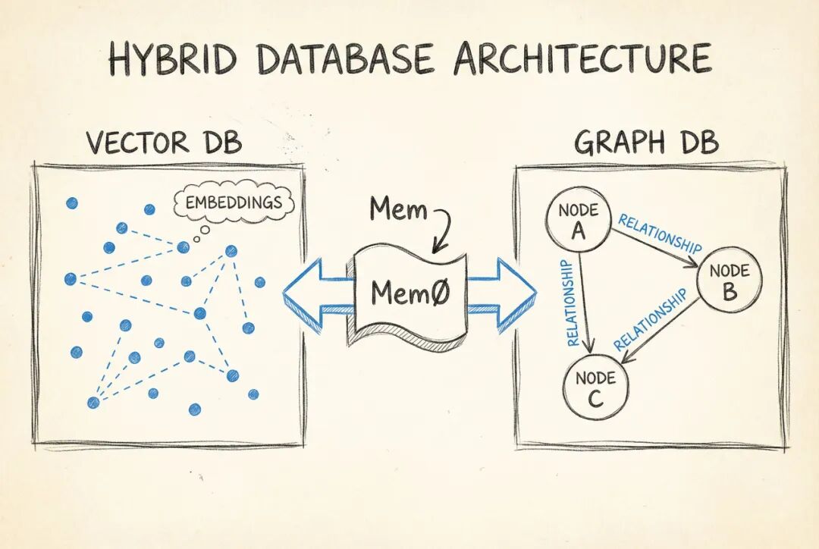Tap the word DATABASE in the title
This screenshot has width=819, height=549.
point(346,58)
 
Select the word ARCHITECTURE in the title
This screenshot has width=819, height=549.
point(582,58)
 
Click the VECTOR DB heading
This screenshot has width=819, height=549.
point(164,143)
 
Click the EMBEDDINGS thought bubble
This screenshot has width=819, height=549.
point(234,203)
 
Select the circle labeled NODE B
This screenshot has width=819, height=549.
point(728,282)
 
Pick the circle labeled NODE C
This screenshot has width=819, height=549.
point(595,387)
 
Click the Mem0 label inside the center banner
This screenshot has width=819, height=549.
point(409,293)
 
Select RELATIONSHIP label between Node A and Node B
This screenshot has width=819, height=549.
point(659,234)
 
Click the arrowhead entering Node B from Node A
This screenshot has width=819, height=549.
point(692,265)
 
